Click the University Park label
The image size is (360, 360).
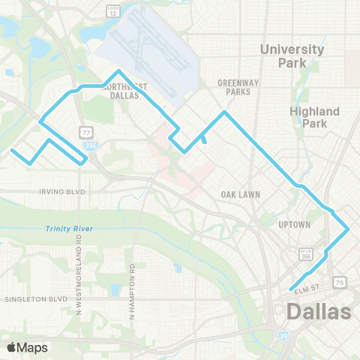pyautogui.click(x=292, y=55)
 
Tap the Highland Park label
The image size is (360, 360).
pyautogui.click(x=314, y=117)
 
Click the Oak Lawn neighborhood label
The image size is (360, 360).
pyautogui.click(x=240, y=194)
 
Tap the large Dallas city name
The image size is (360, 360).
pyautogui.click(x=319, y=311)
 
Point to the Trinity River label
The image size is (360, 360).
pyautogui.click(x=66, y=229)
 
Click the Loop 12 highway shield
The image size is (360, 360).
pyautogui.click(x=113, y=10)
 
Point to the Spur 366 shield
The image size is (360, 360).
pyautogui.click(x=306, y=256)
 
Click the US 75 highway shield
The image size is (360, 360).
pyautogui.click(x=340, y=282)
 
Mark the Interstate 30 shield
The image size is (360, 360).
pyautogui.click(x=283, y=335)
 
